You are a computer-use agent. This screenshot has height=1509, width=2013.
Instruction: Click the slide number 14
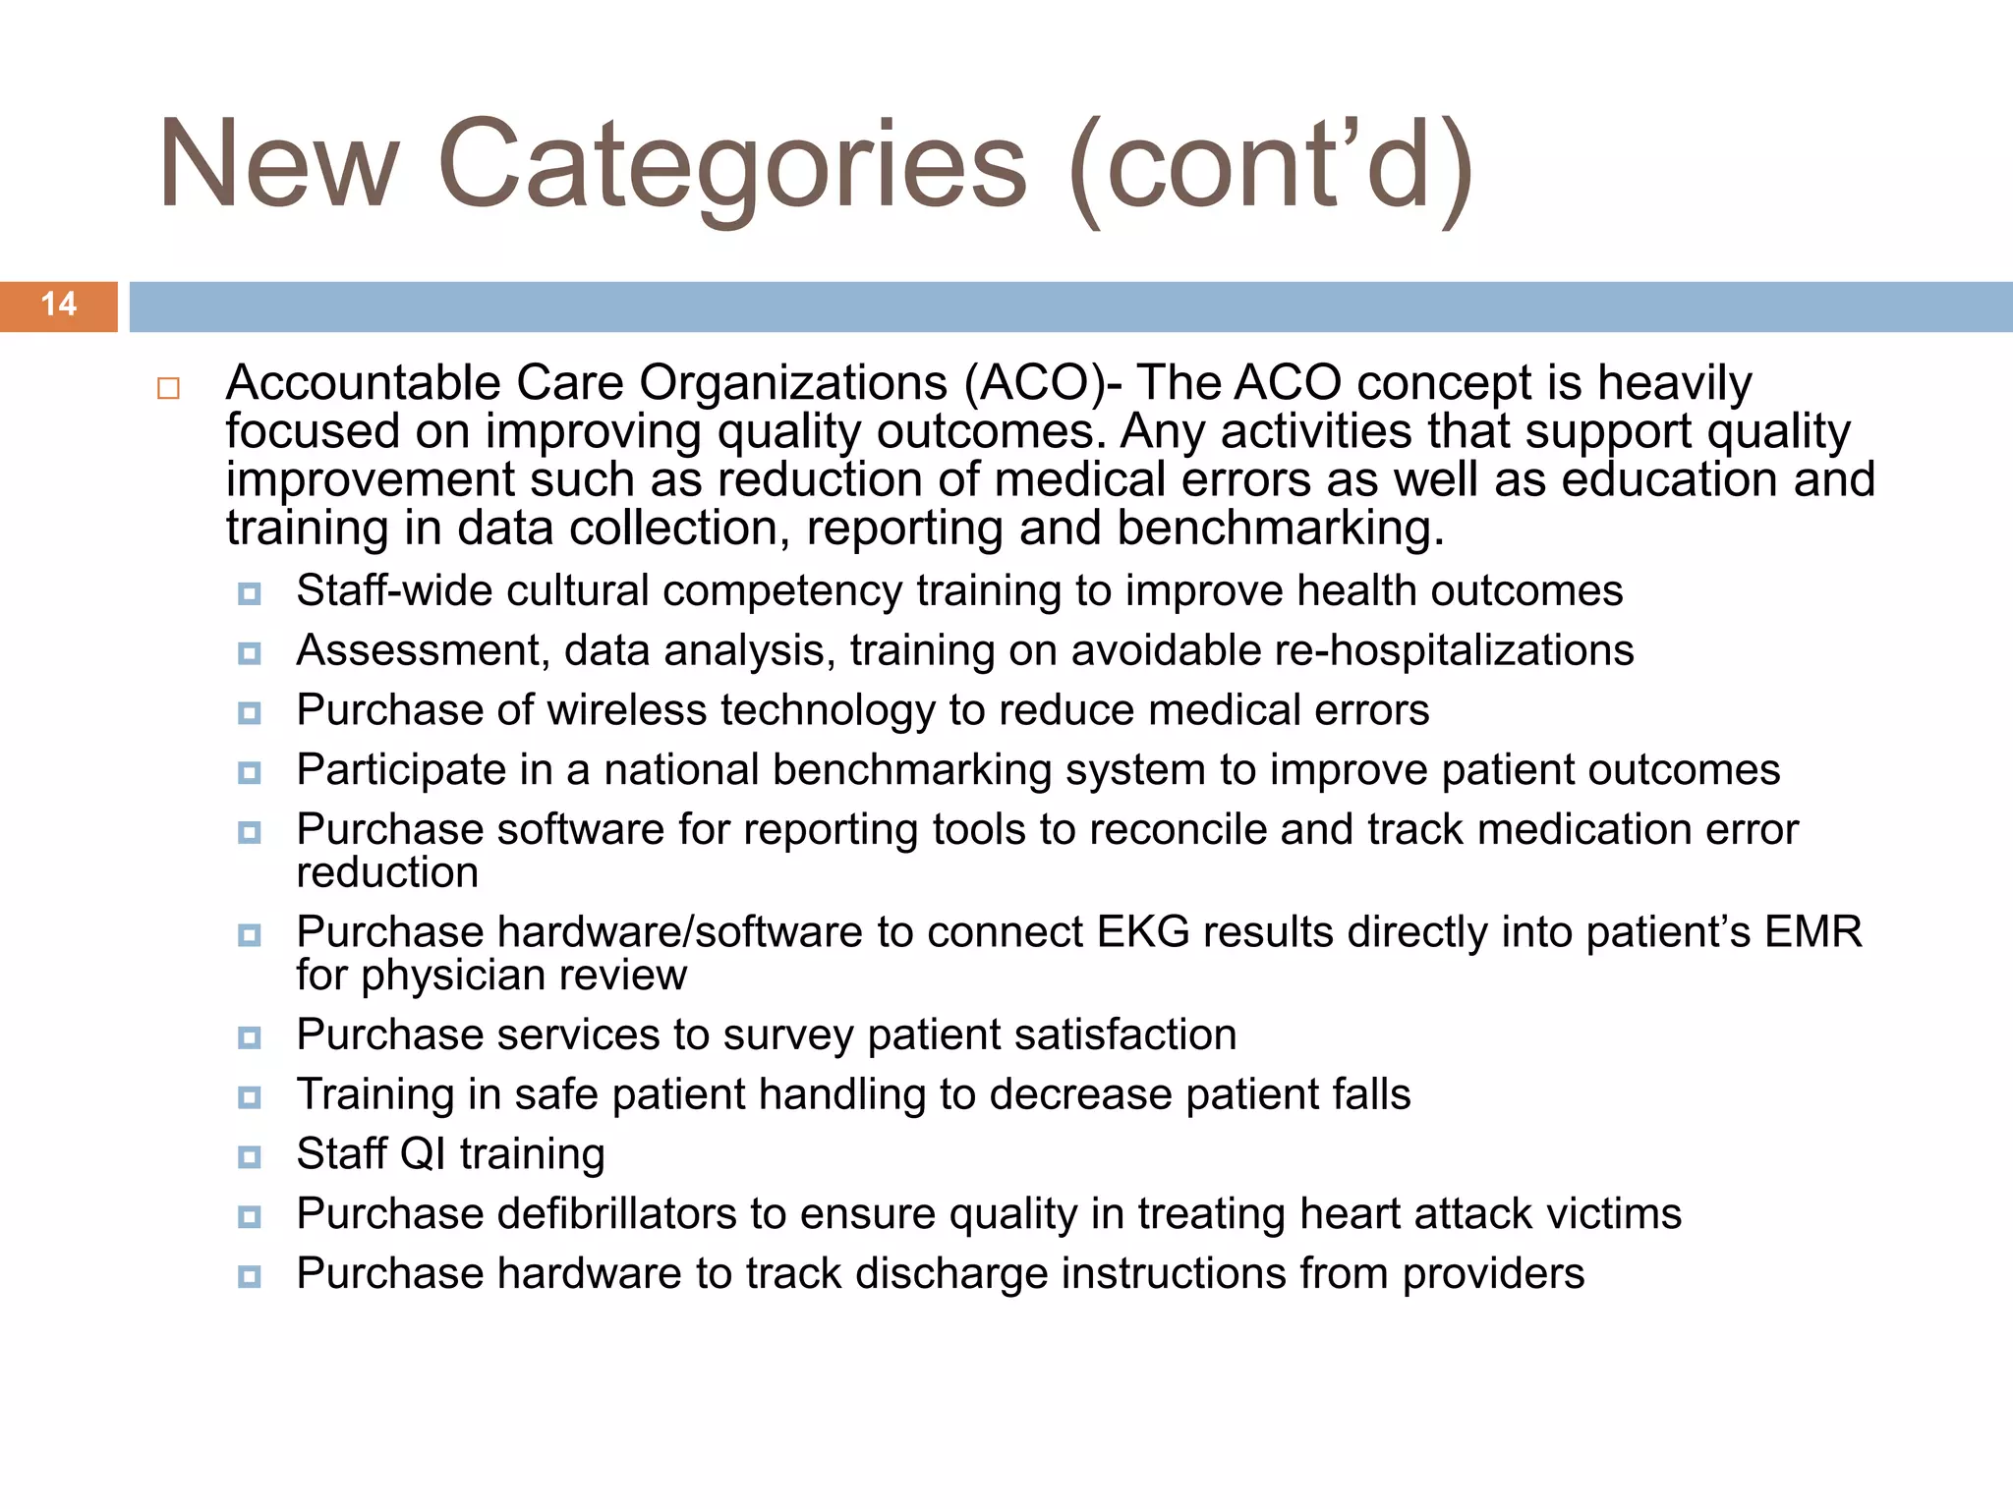tap(59, 305)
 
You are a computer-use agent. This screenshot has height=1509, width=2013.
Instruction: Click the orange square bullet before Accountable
tap(168, 388)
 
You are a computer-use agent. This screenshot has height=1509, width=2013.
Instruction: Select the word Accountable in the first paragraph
tap(363, 383)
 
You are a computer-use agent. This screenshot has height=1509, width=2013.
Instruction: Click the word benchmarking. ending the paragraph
tap(1281, 529)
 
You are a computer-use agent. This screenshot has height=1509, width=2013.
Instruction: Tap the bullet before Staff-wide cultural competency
tap(250, 593)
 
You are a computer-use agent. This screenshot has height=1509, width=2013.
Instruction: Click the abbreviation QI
tap(424, 1154)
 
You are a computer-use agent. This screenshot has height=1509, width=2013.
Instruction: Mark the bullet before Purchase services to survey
tap(250, 1037)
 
